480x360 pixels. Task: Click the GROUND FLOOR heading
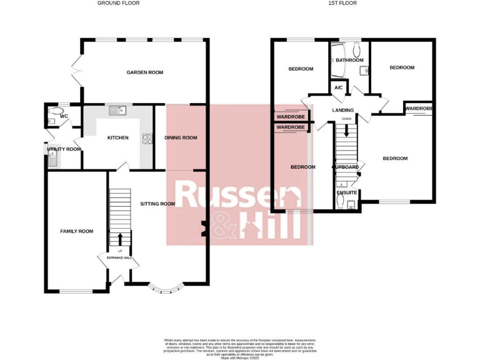pyautogui.click(x=118, y=3)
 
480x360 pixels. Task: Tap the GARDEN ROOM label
pyautogui.click(x=144, y=72)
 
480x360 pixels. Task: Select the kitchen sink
pyautogui.click(x=117, y=111)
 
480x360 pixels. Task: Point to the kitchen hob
pyautogui.click(x=147, y=139)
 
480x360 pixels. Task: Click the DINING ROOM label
pyautogui.click(x=181, y=137)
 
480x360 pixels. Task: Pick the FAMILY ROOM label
pyautogui.click(x=76, y=231)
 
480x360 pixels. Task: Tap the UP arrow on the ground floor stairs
pyautogui.click(x=119, y=239)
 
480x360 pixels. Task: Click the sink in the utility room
pyautogui.click(x=52, y=160)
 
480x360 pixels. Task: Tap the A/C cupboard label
pyautogui.click(x=339, y=88)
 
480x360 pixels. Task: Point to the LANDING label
pyautogui.click(x=343, y=110)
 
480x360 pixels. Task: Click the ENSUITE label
pyautogui.click(x=346, y=192)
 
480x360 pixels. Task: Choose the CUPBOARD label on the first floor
pyautogui.click(x=345, y=167)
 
